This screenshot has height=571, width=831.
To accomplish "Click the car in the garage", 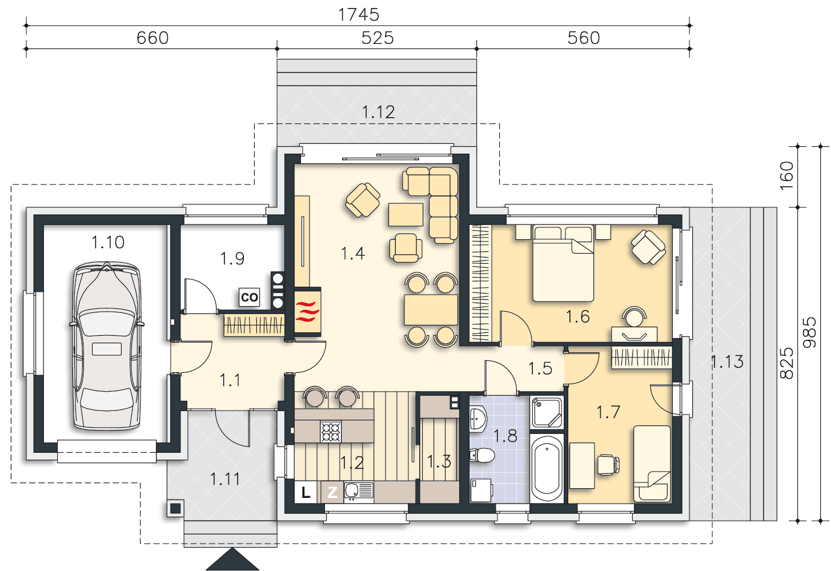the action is click(x=107, y=346).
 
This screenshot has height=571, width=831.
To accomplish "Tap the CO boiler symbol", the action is click(x=249, y=297).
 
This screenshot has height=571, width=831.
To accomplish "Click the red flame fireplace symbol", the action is click(x=307, y=311).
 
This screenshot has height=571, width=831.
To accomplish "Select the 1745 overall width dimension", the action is click(x=359, y=15).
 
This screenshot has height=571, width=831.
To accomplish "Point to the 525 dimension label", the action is click(x=378, y=38).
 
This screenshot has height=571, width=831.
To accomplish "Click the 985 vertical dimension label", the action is click(x=809, y=332).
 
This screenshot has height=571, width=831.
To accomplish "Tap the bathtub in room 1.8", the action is click(x=547, y=469).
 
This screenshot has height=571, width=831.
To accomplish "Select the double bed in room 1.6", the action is click(x=563, y=263).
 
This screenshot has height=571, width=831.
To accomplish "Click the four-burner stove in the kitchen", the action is click(x=331, y=432).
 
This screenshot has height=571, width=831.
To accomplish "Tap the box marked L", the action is click(x=306, y=492).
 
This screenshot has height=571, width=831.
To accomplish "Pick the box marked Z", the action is click(x=332, y=492).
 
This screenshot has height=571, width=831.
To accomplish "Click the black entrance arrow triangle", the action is click(x=232, y=560).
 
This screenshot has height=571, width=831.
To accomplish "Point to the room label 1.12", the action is click(x=378, y=112).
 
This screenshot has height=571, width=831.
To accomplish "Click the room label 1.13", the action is click(x=726, y=361).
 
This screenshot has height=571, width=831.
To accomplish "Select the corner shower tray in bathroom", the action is click(x=547, y=412).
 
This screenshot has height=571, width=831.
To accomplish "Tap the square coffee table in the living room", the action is click(x=406, y=214).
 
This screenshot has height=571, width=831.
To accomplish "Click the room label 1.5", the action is click(x=540, y=368).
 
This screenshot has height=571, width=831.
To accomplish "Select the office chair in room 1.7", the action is click(x=608, y=464).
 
